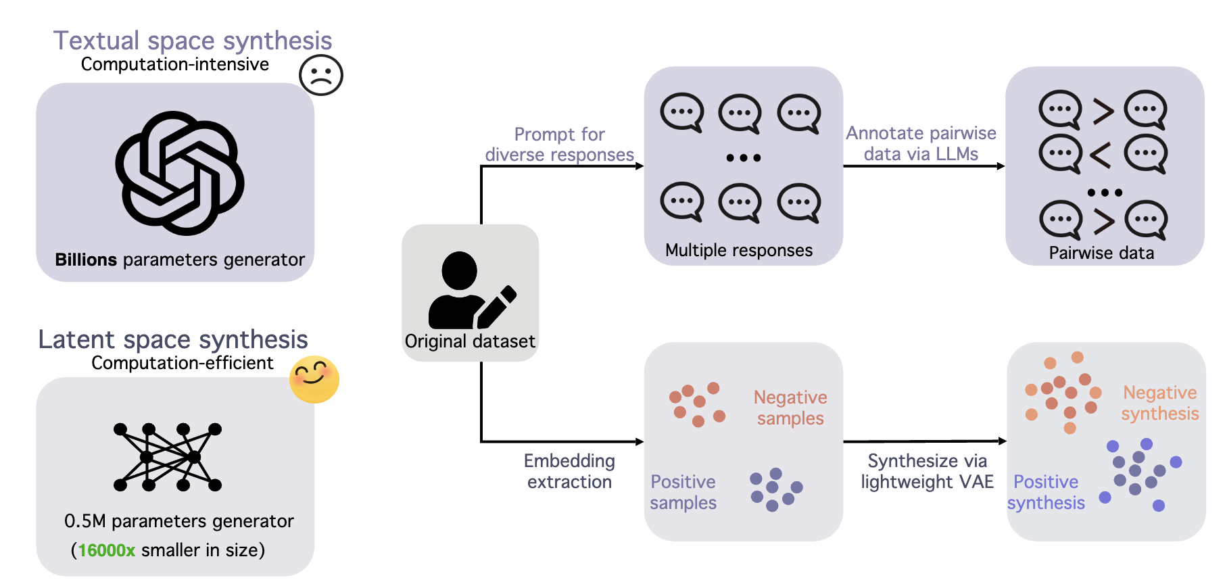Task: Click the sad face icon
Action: pyautogui.click(x=321, y=75)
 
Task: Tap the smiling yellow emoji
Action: pyautogui.click(x=314, y=379)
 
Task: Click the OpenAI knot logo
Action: pyautogui.click(x=180, y=173)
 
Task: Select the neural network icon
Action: pyautogui.click(x=168, y=457)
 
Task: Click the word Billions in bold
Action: pyautogui.click(x=86, y=260)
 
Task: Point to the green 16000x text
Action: pyautogui.click(x=107, y=550)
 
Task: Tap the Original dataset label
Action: pyautogui.click(x=470, y=341)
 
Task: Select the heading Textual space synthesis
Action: pyautogui.click(x=193, y=41)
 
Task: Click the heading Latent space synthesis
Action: pyautogui.click(x=173, y=339)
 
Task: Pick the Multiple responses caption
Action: pyautogui.click(x=739, y=251)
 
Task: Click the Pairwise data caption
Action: pyautogui.click(x=1101, y=253)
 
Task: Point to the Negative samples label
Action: pyautogui.click(x=790, y=408)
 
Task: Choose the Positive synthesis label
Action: pyautogui.click(x=1046, y=492)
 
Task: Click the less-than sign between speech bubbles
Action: pyautogui.click(x=1101, y=155)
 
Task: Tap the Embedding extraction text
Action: pyautogui.click(x=569, y=471)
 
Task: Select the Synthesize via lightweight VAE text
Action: pyautogui.click(x=927, y=471)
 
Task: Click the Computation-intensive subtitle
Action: pyautogui.click(x=175, y=64)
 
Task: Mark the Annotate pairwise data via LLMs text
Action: pyautogui.click(x=921, y=143)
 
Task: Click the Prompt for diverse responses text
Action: pyautogui.click(x=559, y=145)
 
